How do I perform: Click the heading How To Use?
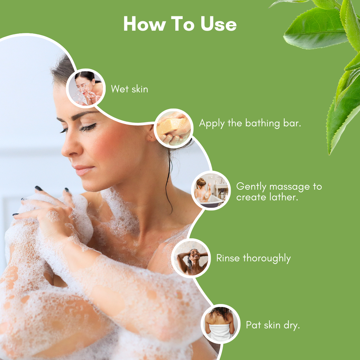pyautogui.click(x=180, y=24)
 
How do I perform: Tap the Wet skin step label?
pyautogui.click(x=129, y=89)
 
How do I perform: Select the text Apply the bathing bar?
pyautogui.click(x=250, y=123)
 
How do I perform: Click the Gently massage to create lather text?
pyautogui.click(x=279, y=191)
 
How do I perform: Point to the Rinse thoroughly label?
pyautogui.click(x=253, y=258)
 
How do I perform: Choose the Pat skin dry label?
pyautogui.click(x=273, y=325)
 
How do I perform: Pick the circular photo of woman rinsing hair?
pyautogui.click(x=190, y=258)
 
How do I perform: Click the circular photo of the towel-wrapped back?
pyautogui.click(x=221, y=324)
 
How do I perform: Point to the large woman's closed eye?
pyautogui.click(x=87, y=127)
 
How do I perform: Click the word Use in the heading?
pyautogui.click(x=219, y=24)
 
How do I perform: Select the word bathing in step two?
pyautogui.click(x=262, y=123)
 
